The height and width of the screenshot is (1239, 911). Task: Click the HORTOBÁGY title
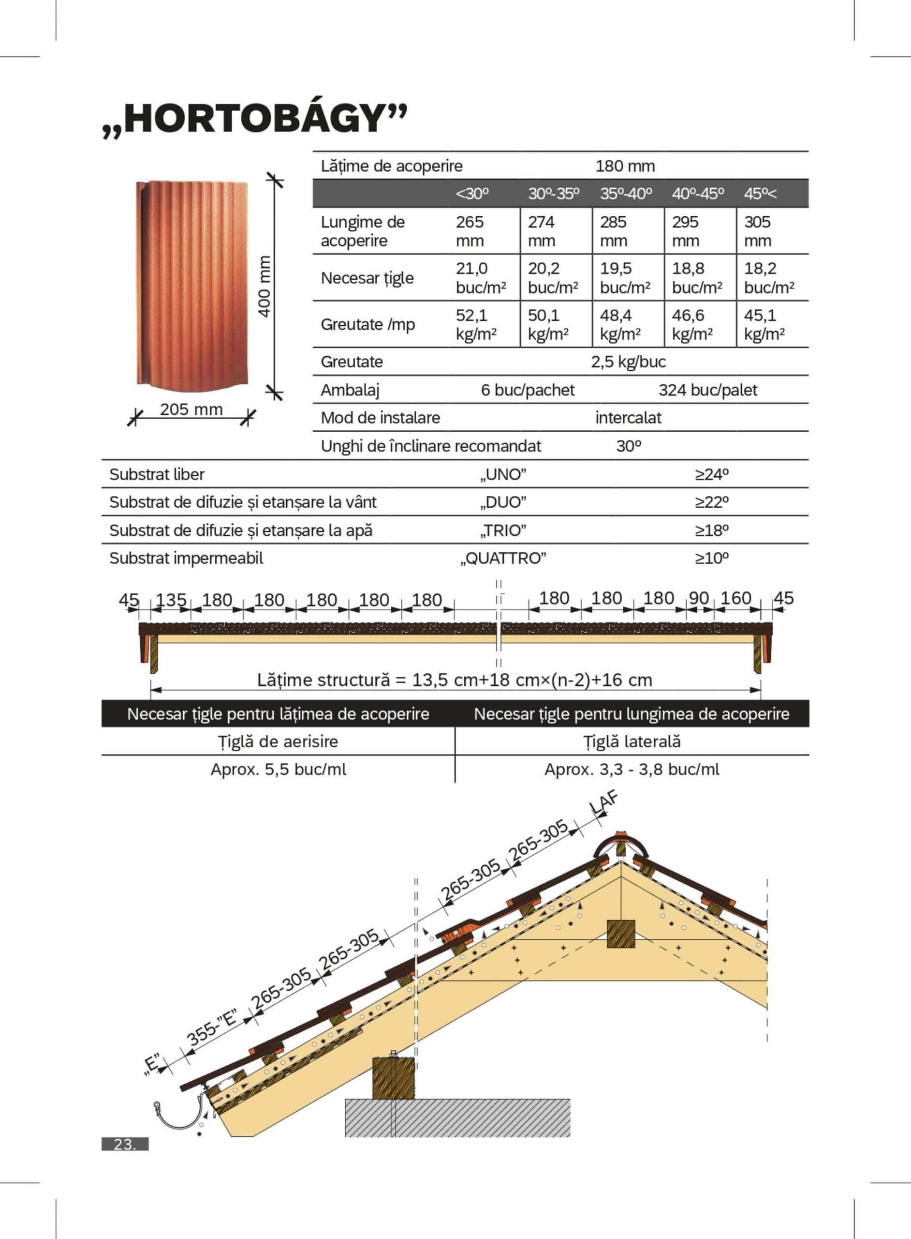click(255, 119)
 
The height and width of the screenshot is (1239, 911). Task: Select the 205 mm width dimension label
click(191, 409)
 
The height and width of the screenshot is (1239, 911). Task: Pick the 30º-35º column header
click(554, 194)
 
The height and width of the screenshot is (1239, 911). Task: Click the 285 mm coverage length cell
click(613, 231)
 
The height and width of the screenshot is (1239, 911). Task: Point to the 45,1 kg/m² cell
click(764, 324)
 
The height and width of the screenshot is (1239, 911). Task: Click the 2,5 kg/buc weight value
click(628, 362)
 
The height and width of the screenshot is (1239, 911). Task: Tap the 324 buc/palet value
click(707, 390)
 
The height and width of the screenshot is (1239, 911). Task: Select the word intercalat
click(628, 418)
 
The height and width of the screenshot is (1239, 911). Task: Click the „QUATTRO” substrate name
click(503, 559)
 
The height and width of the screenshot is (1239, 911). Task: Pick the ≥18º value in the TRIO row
click(711, 530)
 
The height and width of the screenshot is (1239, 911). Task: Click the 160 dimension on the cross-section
click(735, 598)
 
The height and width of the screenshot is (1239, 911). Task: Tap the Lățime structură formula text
click(455, 680)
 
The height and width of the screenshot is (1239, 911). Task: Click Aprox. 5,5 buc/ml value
click(279, 770)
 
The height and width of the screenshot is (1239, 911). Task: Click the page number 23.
click(125, 1145)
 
